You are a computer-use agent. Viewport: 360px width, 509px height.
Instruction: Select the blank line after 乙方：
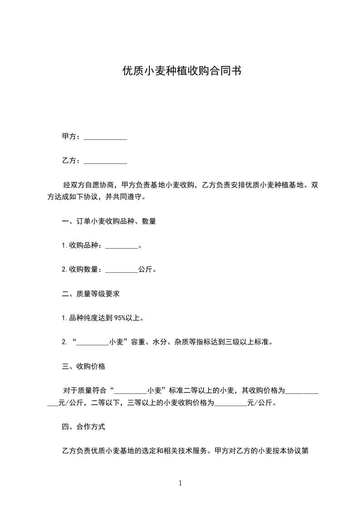point(105,161)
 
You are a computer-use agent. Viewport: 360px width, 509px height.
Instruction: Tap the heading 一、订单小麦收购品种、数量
point(109,222)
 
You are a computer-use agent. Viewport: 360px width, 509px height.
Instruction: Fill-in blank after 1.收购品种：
point(121,246)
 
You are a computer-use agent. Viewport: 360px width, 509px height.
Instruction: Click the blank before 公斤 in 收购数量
point(121,270)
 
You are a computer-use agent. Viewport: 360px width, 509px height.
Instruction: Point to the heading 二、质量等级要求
point(91,294)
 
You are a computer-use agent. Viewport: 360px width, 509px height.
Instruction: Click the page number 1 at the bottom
point(180,484)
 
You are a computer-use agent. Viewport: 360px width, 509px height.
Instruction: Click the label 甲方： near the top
point(71,137)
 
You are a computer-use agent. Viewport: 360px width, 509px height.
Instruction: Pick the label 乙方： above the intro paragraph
point(71,161)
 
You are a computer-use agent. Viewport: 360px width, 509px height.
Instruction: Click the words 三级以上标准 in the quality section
point(248,342)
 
